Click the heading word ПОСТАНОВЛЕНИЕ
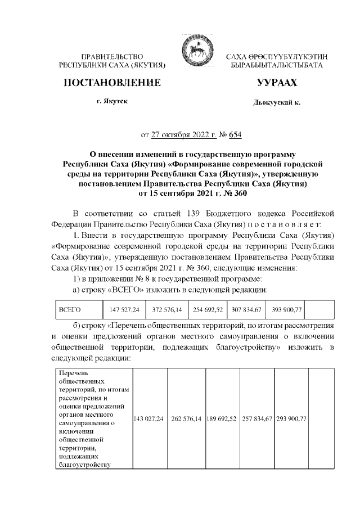112,83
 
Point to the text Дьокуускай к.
277,103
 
